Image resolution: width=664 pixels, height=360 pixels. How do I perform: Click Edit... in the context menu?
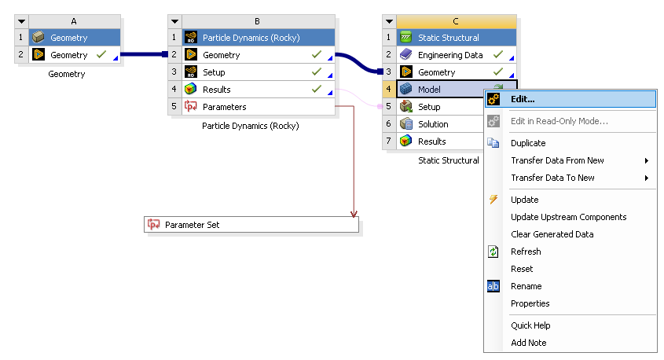[x=523, y=99]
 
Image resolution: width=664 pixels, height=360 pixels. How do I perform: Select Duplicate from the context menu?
[x=527, y=143]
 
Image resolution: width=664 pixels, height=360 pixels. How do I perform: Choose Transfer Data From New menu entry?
[x=557, y=160]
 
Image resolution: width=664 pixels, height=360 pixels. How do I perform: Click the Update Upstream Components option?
[x=568, y=217]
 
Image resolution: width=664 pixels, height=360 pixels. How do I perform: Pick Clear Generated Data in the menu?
[x=552, y=234]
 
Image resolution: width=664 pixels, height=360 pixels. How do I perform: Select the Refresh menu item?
[x=526, y=252]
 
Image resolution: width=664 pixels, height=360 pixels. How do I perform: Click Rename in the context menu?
[x=526, y=286]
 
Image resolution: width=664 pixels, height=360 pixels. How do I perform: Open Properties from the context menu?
[x=530, y=303]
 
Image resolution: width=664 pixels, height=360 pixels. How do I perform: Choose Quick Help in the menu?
[x=530, y=325]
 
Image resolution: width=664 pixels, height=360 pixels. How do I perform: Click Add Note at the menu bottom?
[x=528, y=343]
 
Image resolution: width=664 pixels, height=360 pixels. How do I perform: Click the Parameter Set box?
[x=251, y=225]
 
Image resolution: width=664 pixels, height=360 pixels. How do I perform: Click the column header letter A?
[x=74, y=20]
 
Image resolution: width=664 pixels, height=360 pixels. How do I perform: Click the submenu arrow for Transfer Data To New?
[x=647, y=178]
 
